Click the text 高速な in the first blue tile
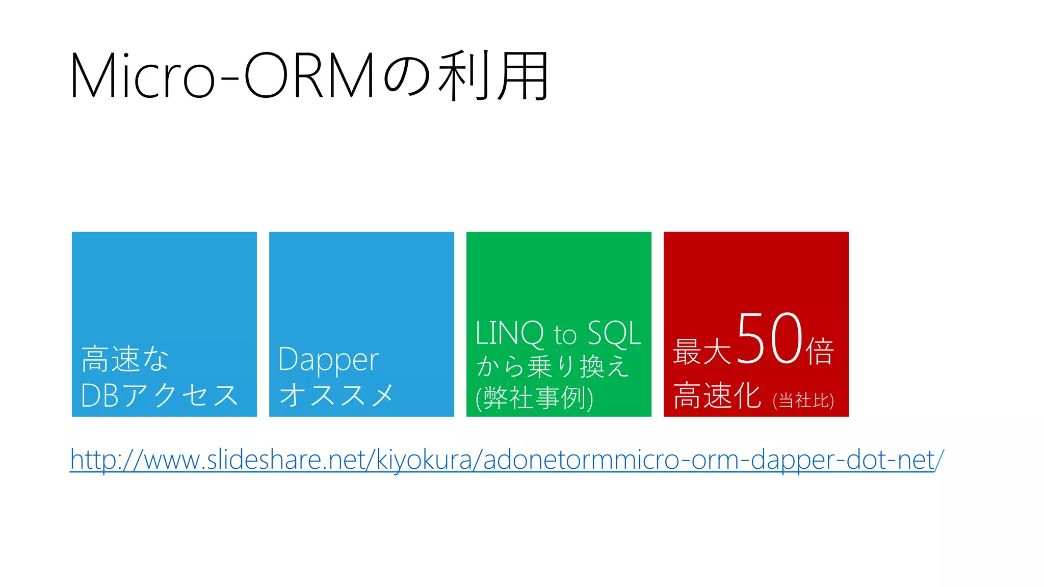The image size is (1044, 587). (x=125, y=359)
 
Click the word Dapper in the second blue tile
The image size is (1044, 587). (x=328, y=360)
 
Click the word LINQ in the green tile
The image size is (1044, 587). (x=509, y=333)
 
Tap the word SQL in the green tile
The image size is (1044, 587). (x=614, y=333)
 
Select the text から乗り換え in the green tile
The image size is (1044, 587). (x=553, y=366)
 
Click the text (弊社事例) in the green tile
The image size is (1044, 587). (x=534, y=398)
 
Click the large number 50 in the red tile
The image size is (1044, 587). (x=769, y=339)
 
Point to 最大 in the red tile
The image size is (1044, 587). (x=702, y=352)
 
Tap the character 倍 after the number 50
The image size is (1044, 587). (x=820, y=352)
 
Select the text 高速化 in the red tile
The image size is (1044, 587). (x=717, y=395)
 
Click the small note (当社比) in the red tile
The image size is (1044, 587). (x=803, y=401)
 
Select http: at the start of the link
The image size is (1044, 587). (x=95, y=460)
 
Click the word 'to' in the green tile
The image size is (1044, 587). (x=565, y=335)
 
